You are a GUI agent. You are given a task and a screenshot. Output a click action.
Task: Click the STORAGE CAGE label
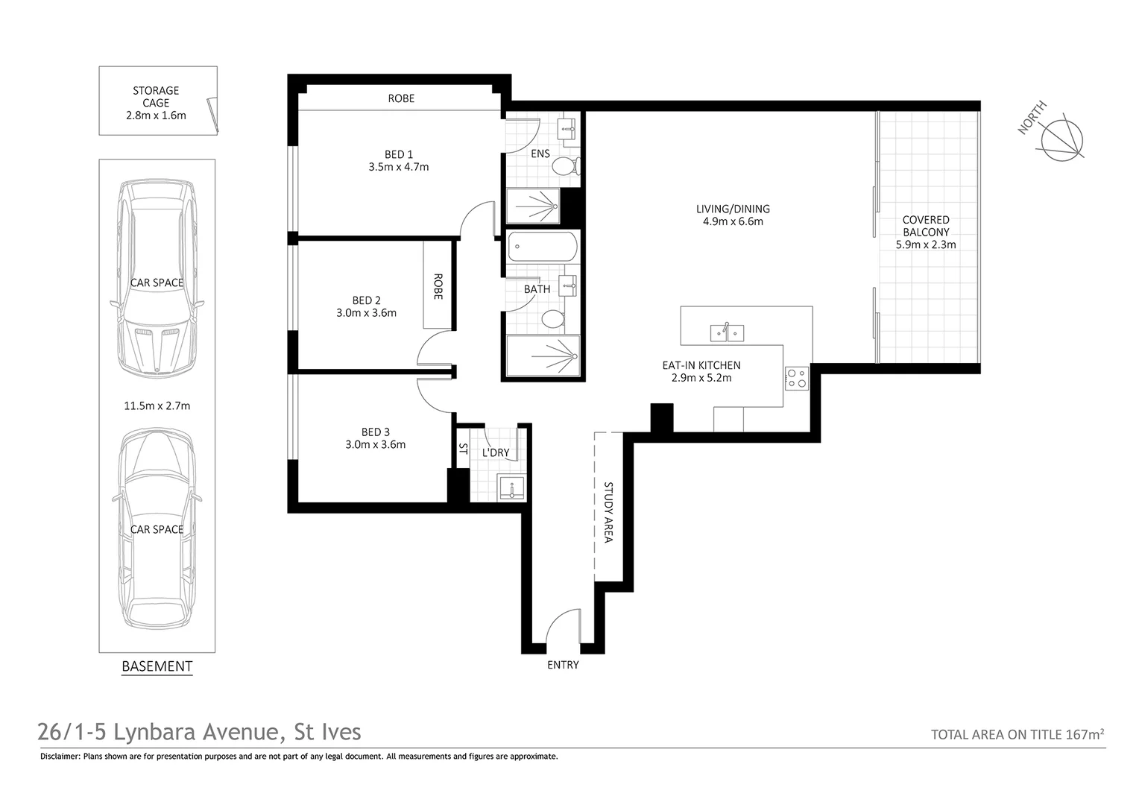click(156, 97)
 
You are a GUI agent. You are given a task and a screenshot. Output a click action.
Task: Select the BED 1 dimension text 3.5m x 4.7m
click(398, 167)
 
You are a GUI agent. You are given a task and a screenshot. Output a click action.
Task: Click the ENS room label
click(540, 154)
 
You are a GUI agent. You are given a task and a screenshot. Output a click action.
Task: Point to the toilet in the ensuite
click(567, 166)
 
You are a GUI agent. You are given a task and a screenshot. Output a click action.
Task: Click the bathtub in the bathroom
click(542, 247)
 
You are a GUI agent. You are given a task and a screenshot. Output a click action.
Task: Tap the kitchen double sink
click(727, 332)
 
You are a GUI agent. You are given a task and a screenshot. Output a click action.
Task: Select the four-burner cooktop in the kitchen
click(795, 379)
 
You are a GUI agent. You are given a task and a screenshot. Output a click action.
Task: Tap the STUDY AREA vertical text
click(608, 512)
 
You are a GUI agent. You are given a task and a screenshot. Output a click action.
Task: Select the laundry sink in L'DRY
click(512, 488)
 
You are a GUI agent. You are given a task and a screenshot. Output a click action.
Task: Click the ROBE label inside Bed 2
click(438, 286)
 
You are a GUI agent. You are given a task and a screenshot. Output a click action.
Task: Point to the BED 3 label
click(375, 432)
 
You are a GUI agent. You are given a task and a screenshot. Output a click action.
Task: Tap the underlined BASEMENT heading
click(157, 666)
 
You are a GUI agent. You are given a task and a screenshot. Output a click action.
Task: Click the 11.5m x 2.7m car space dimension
click(157, 406)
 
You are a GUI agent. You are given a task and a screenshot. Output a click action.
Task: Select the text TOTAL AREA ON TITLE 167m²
click(1017, 734)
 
